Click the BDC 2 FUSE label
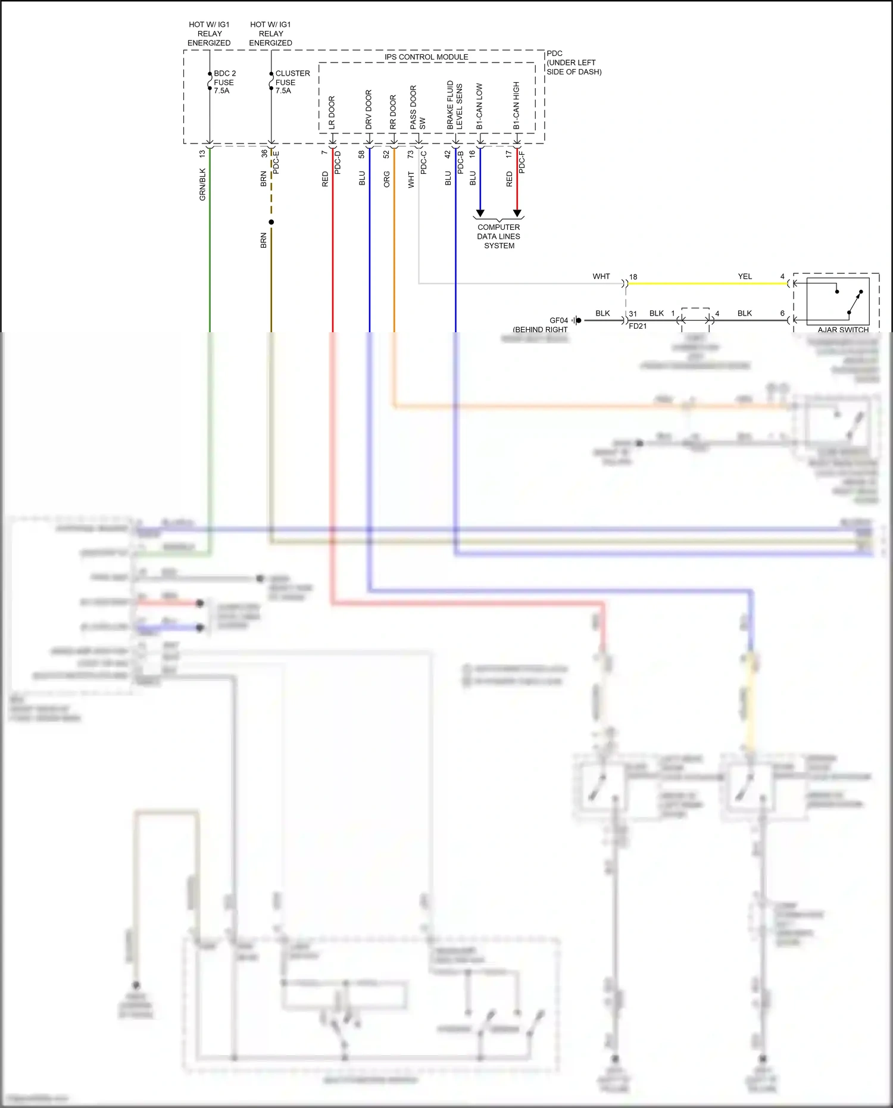(224, 82)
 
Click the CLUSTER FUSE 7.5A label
(292, 82)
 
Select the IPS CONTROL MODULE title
(426, 57)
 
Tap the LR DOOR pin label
(332, 113)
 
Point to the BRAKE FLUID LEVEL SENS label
(455, 105)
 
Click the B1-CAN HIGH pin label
(517, 105)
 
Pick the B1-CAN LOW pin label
(480, 106)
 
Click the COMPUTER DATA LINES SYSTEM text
(499, 236)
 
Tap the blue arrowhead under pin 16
(480, 213)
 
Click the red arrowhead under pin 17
(517, 213)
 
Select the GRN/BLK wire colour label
(202, 184)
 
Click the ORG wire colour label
(387, 179)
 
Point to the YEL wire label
(745, 276)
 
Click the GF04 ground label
(558, 320)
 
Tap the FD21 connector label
(638, 326)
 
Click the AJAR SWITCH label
(843, 330)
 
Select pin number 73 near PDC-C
(411, 154)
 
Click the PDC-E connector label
(276, 162)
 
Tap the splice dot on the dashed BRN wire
(271, 222)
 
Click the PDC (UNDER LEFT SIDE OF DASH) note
(573, 63)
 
